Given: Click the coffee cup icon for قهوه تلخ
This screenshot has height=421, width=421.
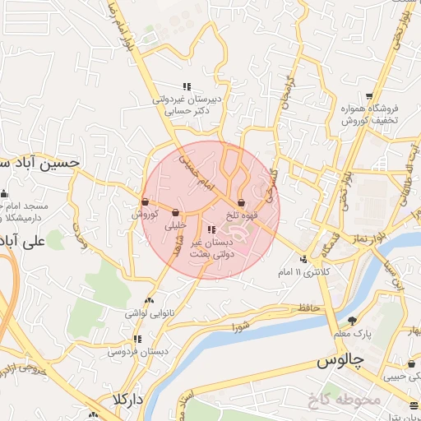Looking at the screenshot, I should click(241, 202).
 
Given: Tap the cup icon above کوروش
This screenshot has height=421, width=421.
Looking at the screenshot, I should click(145, 201).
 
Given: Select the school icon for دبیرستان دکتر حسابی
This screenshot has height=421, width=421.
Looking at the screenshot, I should click(187, 86).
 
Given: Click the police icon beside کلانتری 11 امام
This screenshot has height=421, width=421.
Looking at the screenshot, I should click(303, 258).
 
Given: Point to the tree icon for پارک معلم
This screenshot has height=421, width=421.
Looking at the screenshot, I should click(353, 321).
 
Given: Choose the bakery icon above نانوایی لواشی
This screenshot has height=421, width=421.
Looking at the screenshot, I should click(148, 301).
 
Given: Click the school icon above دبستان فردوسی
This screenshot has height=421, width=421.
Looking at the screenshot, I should click(137, 338).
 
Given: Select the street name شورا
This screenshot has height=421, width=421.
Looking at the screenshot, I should click(240, 326).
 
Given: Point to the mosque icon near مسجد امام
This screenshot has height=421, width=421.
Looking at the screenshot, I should click(4, 194).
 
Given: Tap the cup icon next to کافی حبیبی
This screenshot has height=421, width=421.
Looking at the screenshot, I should click(411, 364).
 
